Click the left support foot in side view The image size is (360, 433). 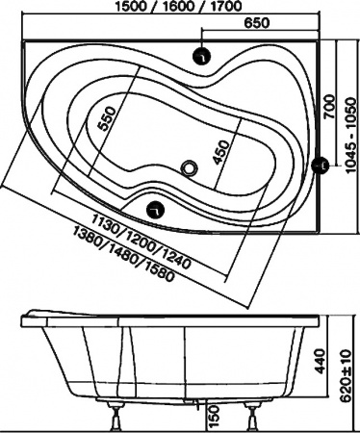pos(119,417)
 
